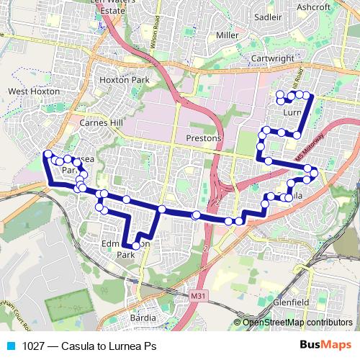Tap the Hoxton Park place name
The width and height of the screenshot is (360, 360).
click(x=122, y=81)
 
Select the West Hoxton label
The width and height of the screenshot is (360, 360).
click(x=30, y=91)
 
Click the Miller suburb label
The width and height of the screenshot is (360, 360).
click(x=227, y=35)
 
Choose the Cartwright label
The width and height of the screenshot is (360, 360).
click(x=272, y=58)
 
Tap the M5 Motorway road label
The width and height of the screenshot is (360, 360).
click(x=307, y=148)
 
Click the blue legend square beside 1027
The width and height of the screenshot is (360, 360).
click(x=10, y=345)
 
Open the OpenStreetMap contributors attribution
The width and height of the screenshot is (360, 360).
click(x=297, y=323)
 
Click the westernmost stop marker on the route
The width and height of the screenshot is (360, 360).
click(x=48, y=153)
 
